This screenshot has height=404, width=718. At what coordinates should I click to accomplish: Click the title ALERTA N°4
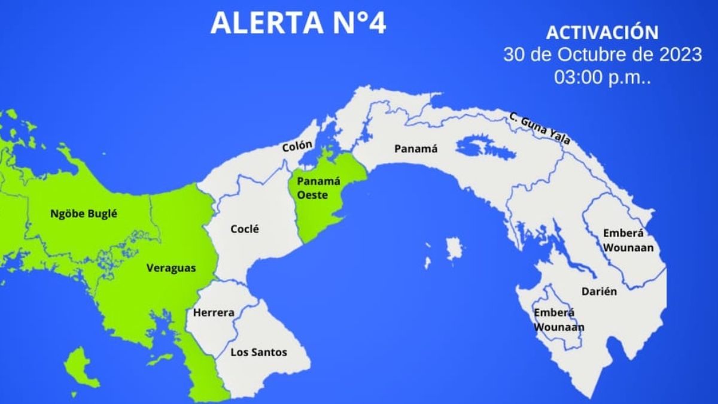pos(298,23)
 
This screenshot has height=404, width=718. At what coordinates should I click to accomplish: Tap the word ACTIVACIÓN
pos(603,32)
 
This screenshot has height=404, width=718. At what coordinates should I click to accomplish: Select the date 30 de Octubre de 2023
pos(603,54)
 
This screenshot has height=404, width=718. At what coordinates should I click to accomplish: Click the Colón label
pos(297,145)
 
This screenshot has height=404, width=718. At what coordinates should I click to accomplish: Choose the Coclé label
pos(245,229)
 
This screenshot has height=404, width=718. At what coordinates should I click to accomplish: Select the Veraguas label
pos(171,269)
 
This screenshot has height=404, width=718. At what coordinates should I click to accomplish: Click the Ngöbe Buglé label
pos(83,212)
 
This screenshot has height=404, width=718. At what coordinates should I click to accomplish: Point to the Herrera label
pos(213,312)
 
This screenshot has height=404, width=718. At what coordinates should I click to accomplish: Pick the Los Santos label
pos(258,353)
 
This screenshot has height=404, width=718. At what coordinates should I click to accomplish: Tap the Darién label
pos(599,291)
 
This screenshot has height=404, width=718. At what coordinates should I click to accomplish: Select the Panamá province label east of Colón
pos(416,148)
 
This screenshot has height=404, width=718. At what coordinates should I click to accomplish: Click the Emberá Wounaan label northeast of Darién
pos(628,239)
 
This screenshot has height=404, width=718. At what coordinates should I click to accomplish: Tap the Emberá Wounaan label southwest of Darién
pos(559,320)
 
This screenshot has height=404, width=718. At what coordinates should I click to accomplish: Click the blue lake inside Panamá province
pos(485,147)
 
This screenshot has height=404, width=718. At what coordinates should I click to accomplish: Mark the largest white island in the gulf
pos(454,248)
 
